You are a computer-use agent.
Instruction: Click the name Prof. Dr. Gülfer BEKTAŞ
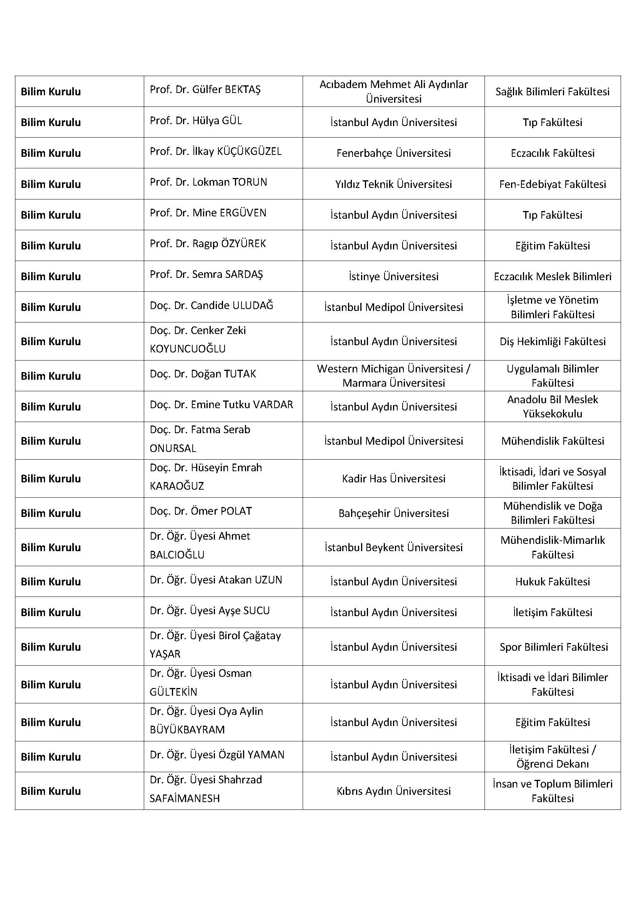(205, 90)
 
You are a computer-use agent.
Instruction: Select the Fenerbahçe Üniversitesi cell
(393, 153)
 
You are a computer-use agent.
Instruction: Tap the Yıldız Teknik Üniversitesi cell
(393, 184)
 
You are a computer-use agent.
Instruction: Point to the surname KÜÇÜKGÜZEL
(249, 151)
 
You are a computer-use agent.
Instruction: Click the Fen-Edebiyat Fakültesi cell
(552, 184)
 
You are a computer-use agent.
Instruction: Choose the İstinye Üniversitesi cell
(393, 276)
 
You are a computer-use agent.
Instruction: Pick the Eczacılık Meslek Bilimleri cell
(552, 276)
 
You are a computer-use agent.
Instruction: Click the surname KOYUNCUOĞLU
(188, 349)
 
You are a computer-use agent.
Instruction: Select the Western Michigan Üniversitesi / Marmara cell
(393, 376)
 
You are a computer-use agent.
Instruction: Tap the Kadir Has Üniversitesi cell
(393, 479)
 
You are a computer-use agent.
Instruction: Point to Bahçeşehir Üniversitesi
(393, 513)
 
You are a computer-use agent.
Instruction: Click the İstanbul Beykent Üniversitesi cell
(393, 547)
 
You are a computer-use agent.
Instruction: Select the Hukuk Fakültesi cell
(552, 582)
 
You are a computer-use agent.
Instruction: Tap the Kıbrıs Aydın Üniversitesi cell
(393, 791)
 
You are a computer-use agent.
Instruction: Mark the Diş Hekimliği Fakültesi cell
(552, 341)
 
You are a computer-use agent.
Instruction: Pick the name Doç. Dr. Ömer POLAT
(200, 511)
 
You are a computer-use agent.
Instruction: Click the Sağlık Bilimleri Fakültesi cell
(552, 91)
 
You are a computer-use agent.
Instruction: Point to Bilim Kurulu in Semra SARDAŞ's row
(51, 276)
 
